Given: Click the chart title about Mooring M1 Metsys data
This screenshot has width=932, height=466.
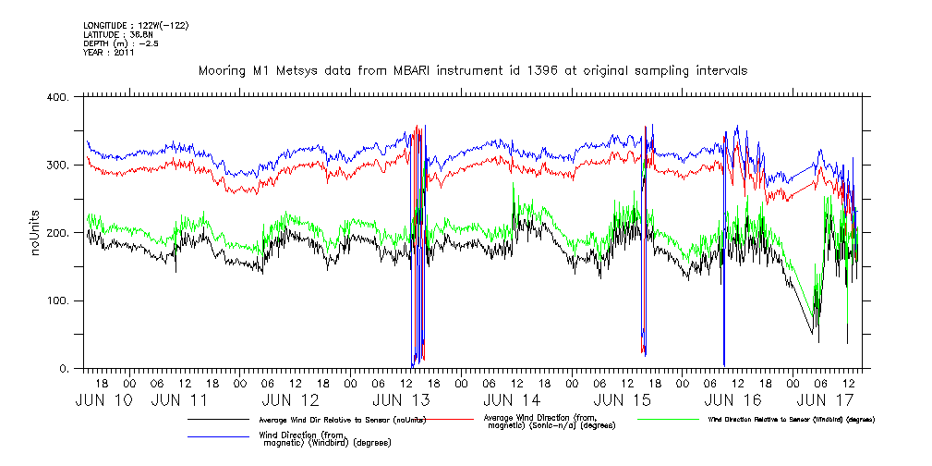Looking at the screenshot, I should (472, 70).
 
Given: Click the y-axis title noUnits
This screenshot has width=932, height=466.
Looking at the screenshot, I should (37, 233).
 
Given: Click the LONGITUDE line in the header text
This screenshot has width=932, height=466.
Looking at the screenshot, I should (136, 26).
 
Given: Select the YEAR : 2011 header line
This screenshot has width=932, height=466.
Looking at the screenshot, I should (109, 53).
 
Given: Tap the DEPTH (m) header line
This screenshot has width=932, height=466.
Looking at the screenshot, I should (121, 43).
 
